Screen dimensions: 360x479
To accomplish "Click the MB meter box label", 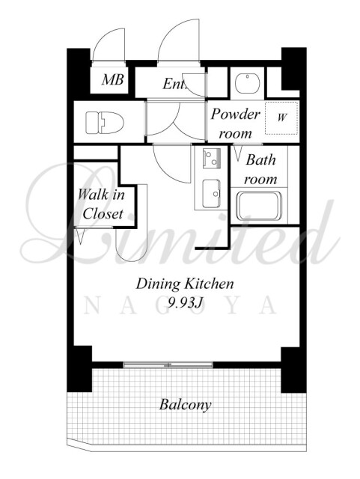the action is click(x=113, y=80).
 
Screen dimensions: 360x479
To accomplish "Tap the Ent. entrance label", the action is click(x=174, y=84).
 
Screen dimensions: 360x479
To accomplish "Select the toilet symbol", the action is click(x=105, y=123).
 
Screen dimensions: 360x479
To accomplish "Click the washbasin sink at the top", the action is click(x=248, y=83).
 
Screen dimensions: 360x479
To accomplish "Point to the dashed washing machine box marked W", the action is click(x=281, y=118).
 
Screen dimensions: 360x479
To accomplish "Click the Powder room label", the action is click(x=235, y=123).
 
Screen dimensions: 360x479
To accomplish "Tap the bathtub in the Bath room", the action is click(x=260, y=206).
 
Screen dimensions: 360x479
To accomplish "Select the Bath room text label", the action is click(x=260, y=169).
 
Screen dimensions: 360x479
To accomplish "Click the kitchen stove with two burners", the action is click(x=212, y=158).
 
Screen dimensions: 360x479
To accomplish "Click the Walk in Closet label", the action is click(x=101, y=204).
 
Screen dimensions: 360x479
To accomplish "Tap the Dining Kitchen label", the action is click(x=185, y=284).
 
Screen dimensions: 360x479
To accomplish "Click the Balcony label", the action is click(x=185, y=405).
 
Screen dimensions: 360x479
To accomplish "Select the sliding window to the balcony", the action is click(x=168, y=364).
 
